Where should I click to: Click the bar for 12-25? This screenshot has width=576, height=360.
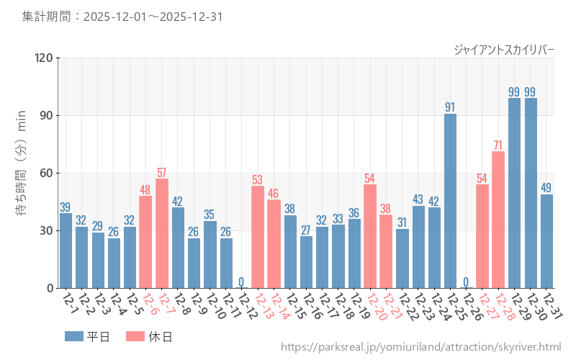(450, 201)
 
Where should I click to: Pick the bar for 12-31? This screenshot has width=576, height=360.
(546, 241)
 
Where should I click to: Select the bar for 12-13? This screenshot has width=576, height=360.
(258, 237)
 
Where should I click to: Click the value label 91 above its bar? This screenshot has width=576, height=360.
(450, 107)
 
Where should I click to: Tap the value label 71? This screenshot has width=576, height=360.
(498, 145)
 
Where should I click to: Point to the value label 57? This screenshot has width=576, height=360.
(162, 172)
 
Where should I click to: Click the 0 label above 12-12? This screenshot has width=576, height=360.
(241, 282)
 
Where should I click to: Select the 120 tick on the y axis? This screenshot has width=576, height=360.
(43, 58)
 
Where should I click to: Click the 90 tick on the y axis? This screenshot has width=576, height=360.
(46, 115)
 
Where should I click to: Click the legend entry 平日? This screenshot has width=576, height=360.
(87, 336)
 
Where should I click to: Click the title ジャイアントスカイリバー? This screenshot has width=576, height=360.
(504, 50)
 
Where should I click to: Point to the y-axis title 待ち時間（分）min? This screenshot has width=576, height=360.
(22, 173)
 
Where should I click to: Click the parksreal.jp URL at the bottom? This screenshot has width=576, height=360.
(420, 347)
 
